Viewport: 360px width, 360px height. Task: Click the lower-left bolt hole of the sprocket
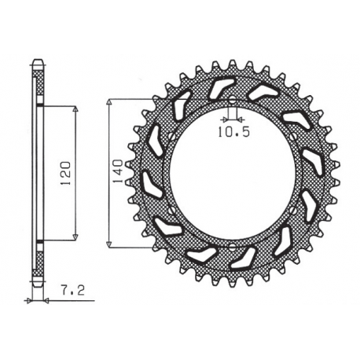[x=171, y=208]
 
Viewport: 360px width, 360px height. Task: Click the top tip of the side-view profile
[x=38, y=61]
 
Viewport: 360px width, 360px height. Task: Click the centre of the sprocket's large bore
[x=233, y=172]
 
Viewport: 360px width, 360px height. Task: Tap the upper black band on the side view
[x=38, y=105]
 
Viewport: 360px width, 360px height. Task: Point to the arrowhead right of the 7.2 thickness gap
[x=45, y=300]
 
